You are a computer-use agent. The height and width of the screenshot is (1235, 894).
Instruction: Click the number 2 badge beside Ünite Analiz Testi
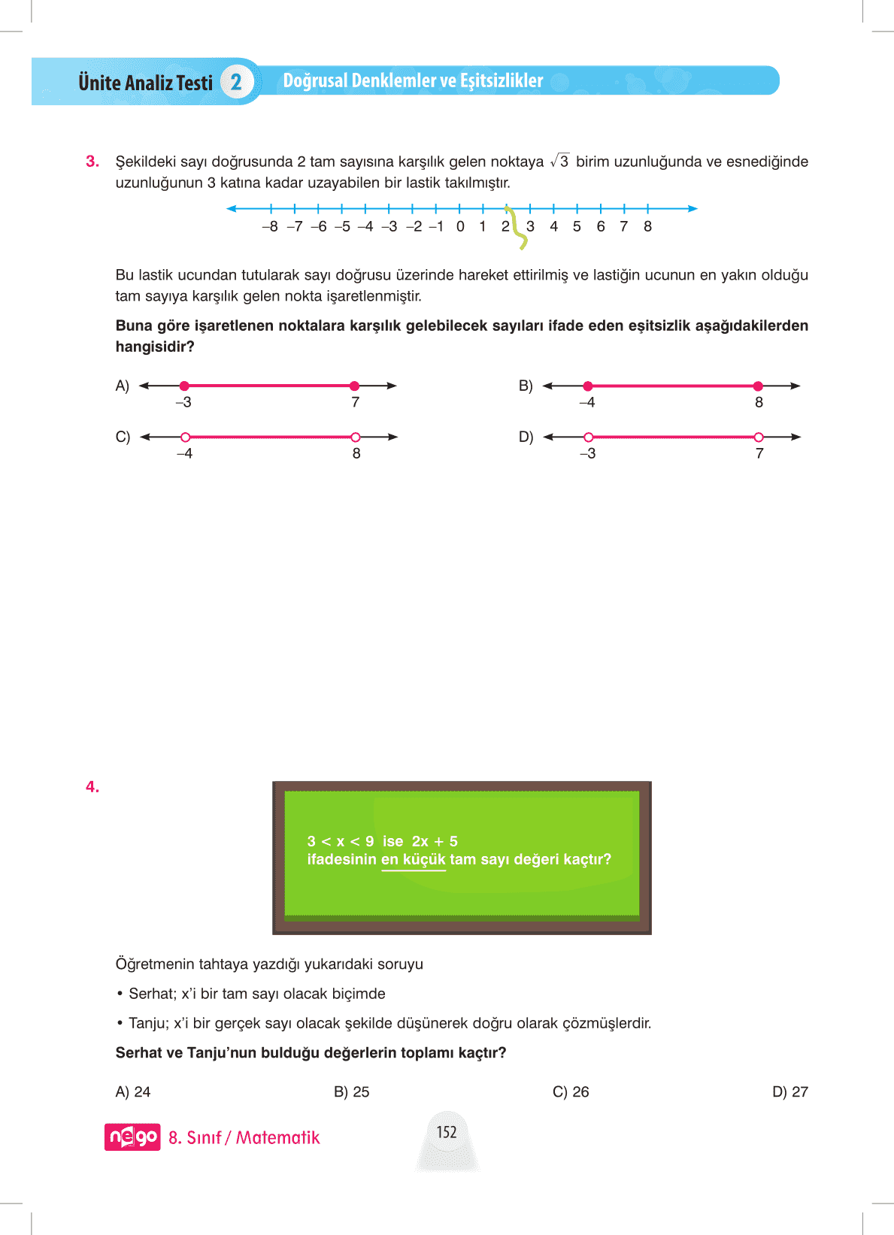[x=236, y=82]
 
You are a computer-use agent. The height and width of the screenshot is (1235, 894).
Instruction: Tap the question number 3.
[x=92, y=162]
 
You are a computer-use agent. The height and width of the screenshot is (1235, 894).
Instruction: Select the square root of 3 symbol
[x=559, y=162]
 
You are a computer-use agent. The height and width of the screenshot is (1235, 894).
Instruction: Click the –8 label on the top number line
[x=270, y=227]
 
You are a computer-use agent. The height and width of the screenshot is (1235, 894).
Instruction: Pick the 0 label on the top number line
[x=460, y=227]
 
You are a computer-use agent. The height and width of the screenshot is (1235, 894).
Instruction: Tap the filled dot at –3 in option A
[x=184, y=386]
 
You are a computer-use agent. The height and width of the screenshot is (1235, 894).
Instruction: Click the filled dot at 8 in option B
[x=758, y=386]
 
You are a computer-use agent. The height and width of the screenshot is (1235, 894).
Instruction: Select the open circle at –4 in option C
[x=185, y=437]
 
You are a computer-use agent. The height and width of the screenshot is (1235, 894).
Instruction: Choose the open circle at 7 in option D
[x=759, y=437]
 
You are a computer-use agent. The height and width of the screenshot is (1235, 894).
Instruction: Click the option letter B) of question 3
[x=526, y=386]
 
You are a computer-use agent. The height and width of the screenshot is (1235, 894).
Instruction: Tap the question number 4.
[x=92, y=787]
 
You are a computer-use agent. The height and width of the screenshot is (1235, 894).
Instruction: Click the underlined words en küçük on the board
[x=414, y=860]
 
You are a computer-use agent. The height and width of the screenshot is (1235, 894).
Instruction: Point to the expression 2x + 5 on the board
[x=435, y=842]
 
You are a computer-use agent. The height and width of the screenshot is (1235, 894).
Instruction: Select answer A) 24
[x=133, y=1092]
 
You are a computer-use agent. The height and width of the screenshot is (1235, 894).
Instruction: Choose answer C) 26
[x=571, y=1092]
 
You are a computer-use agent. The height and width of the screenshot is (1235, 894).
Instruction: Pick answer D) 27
[x=789, y=1092]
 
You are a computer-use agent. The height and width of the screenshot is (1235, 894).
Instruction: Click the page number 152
[x=447, y=1132]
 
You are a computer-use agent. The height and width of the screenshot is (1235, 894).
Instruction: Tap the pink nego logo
[x=132, y=1137]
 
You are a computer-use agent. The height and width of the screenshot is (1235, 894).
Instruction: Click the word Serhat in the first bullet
[x=151, y=994]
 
